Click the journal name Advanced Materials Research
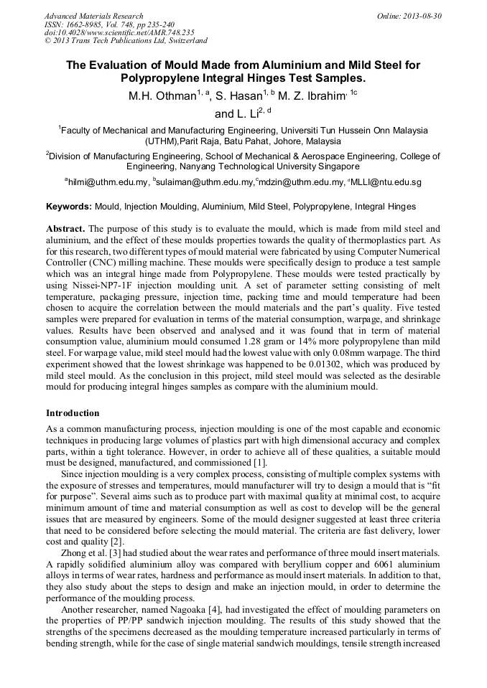coord(93,16)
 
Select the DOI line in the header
coord(119,32)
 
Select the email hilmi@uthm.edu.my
coord(106,183)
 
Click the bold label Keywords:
coord(69,207)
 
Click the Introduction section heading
coord(73,413)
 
